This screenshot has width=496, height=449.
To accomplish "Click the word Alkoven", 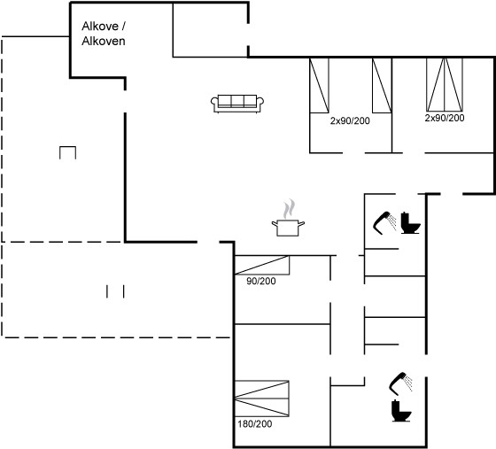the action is [103, 41].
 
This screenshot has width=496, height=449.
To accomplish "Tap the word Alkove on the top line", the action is [100, 27].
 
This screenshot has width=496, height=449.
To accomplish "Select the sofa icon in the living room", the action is [237, 104].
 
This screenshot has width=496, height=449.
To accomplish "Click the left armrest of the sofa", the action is [214, 102].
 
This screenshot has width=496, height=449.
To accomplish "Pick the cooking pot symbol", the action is [288, 228].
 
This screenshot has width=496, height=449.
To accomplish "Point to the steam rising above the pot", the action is [289, 209].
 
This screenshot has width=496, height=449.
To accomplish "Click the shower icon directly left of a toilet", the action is [384, 222].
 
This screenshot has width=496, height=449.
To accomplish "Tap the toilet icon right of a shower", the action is [411, 223].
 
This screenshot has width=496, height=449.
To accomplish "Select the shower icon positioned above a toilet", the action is [400, 383].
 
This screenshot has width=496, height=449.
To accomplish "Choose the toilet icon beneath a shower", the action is [401, 410].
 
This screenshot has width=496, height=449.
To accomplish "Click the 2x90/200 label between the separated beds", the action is [350, 120].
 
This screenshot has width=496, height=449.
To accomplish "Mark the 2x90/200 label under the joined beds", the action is [445, 118].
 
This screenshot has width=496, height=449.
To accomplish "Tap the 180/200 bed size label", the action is [255, 423].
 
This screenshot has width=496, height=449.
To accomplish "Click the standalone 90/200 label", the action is [261, 281].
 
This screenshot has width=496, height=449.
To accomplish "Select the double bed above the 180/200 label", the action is [261, 399].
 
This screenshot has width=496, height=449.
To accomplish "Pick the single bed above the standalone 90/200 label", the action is [262, 265].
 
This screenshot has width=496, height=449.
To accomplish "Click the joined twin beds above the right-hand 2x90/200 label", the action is [445, 85].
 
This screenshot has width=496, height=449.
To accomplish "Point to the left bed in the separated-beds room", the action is [319, 85].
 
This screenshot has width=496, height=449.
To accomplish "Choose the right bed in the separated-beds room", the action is [382, 85].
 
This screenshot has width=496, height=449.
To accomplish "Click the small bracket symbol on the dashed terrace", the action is [67, 147].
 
